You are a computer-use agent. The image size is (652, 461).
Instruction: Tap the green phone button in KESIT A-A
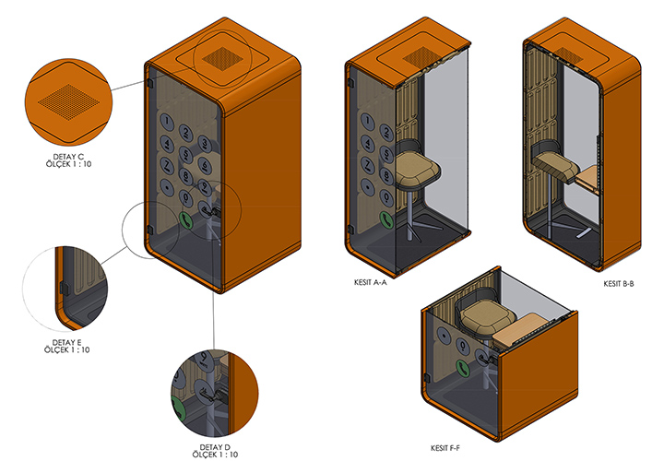(x=384, y=219)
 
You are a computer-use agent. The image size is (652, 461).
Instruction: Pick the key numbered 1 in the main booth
(x=168, y=119)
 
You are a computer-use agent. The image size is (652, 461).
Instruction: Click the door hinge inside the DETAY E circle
(x=62, y=288)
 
